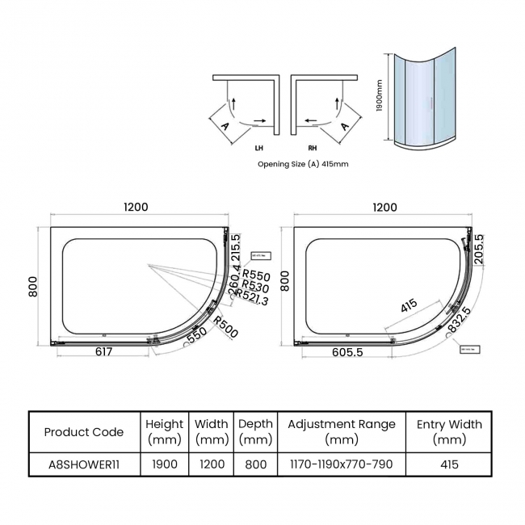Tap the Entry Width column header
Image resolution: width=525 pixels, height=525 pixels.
pyautogui.click(x=449, y=431)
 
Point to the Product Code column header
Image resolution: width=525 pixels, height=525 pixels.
pyautogui.click(x=84, y=431)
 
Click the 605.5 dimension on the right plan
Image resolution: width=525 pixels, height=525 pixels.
pyautogui.click(x=350, y=352)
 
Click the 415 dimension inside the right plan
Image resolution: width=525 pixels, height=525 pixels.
pyautogui.click(x=409, y=306)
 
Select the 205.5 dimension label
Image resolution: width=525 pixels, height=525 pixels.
pyautogui.click(x=479, y=250)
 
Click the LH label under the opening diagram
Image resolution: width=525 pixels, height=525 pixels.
pyautogui.click(x=258, y=149)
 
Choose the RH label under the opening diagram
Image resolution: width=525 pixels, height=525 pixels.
pyautogui.click(x=312, y=149)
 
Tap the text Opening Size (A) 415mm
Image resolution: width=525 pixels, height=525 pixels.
pyautogui.click(x=303, y=163)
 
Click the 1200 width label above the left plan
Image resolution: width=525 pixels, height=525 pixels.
pyautogui.click(x=136, y=208)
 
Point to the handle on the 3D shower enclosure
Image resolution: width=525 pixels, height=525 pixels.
pyautogui.click(x=435, y=102)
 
